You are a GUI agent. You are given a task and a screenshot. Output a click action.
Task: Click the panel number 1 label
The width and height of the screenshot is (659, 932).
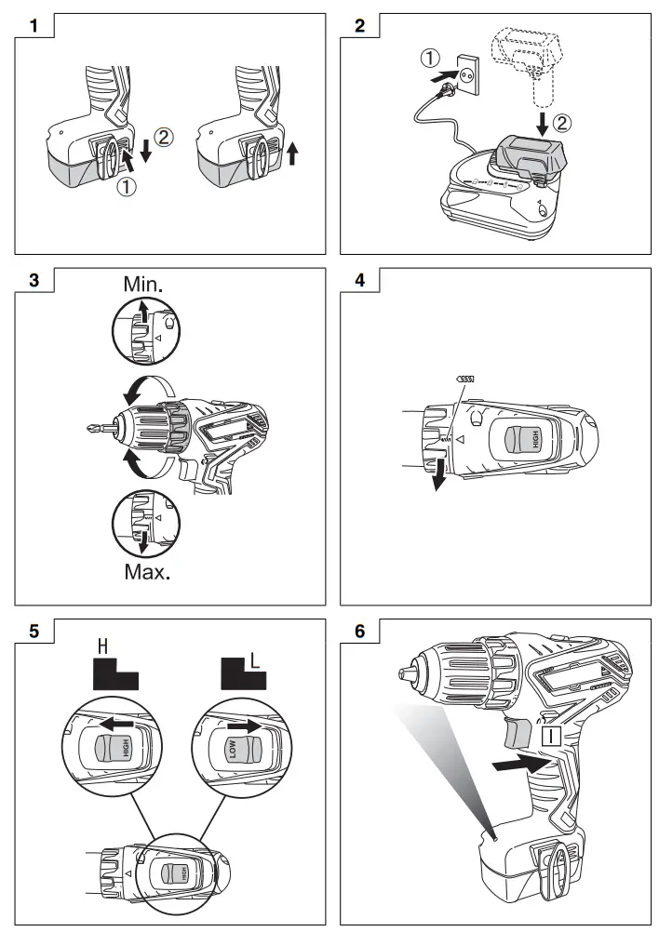(x=34, y=26)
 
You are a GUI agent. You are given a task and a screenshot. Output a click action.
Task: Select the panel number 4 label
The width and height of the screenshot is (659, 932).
(x=360, y=280)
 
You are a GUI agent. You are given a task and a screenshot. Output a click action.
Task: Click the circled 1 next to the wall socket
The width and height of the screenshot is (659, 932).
(x=430, y=58)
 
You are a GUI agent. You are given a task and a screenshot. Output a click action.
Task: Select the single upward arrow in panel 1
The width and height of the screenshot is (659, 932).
(x=294, y=152)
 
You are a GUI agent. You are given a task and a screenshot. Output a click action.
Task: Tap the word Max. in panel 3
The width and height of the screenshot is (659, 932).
(x=147, y=570)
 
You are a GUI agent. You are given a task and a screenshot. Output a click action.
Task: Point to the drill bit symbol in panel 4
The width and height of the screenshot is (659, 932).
(x=465, y=379)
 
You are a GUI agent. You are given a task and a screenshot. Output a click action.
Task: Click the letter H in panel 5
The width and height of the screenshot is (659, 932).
(x=104, y=646)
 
